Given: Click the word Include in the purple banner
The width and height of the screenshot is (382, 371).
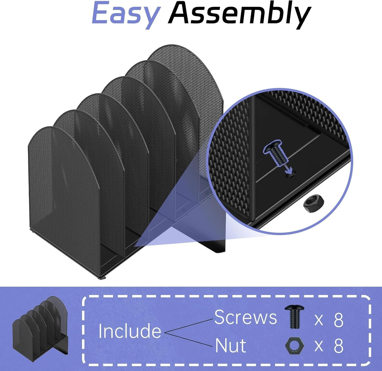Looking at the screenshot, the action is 130,331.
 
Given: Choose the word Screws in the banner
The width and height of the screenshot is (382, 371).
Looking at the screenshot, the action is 245,317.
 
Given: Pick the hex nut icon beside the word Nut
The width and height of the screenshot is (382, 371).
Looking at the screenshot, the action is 295,345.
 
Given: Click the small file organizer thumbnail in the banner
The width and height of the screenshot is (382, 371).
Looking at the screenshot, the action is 40,326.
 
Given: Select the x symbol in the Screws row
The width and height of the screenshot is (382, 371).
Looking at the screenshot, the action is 319,320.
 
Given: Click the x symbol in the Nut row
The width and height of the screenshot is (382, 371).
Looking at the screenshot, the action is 319,346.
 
